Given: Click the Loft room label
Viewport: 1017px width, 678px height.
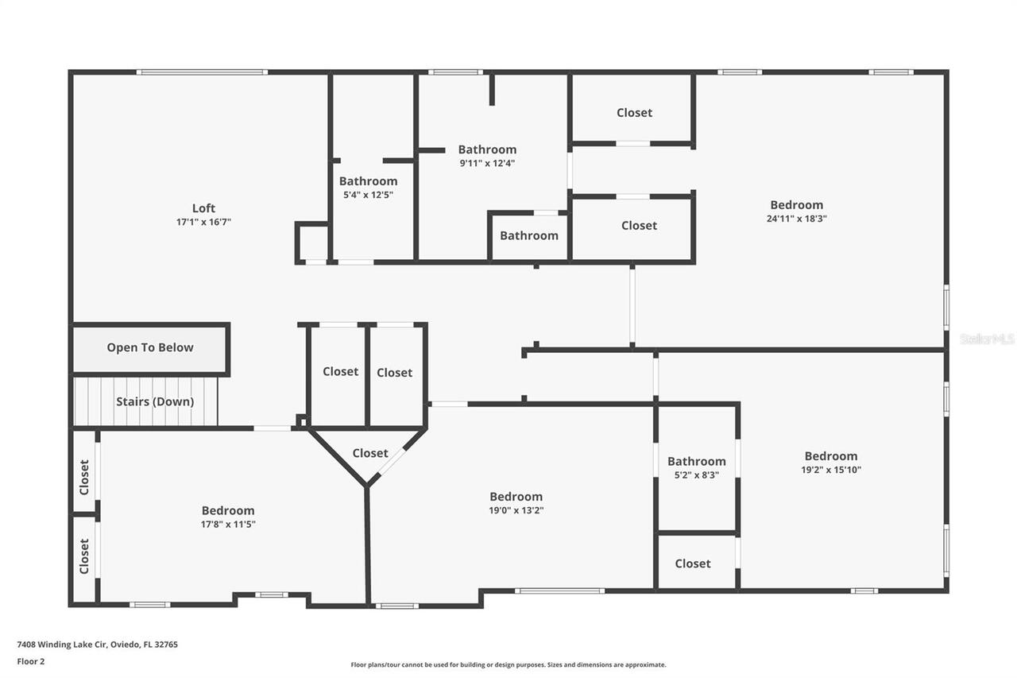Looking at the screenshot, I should tap(203, 209).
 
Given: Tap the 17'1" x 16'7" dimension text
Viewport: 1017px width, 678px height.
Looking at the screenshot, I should tap(203, 223).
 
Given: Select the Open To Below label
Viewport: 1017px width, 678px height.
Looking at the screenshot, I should tap(150, 347).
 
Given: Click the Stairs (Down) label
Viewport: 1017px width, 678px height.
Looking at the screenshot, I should tap(155, 401).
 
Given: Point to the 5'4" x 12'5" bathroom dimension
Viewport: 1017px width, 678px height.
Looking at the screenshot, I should tap(368, 195).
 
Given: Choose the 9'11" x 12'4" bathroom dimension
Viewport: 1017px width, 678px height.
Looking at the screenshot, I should tap(487, 163).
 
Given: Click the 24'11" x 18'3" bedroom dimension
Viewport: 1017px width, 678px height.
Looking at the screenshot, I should tap(796, 219).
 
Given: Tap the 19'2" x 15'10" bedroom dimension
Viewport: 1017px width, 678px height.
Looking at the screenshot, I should tap(831, 470).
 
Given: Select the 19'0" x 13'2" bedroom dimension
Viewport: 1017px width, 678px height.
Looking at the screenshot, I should tap(516, 510).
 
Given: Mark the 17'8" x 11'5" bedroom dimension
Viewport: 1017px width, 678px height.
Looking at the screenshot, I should tap(228, 524).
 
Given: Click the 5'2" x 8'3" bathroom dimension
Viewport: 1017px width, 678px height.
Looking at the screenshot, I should tap(696, 475).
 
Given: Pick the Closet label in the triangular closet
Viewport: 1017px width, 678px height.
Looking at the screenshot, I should tap(370, 453).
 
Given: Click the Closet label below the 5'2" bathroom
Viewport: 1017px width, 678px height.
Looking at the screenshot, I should tap(693, 564).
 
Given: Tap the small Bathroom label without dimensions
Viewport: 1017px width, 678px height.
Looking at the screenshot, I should tap(528, 235).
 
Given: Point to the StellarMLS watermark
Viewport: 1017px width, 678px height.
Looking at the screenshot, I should tap(987, 339).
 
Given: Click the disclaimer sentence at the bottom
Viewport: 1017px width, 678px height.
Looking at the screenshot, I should tap(508, 664).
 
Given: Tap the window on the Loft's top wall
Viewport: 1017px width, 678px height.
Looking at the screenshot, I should tap(202, 72).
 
